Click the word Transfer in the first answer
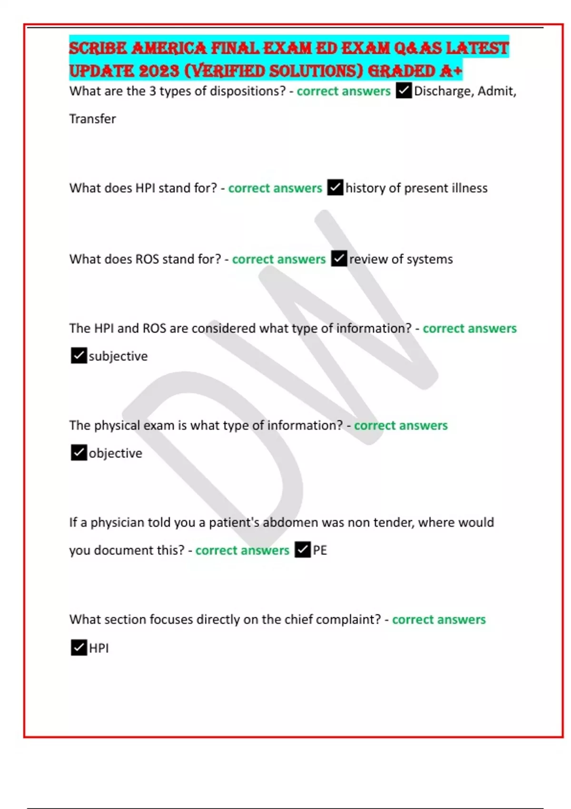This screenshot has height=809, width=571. point(92,119)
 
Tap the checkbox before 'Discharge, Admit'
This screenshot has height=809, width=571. point(404,90)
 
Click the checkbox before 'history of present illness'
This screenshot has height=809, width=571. point(335,187)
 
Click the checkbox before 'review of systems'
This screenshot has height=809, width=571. point(339,259)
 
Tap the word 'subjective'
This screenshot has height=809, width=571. point(118,356)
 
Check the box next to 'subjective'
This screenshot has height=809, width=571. point(79,355)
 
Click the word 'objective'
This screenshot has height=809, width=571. point(116,454)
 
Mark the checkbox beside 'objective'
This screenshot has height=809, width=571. point(79,453)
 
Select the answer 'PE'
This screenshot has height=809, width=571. point(320,551)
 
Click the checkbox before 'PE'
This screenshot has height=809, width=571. point(303,550)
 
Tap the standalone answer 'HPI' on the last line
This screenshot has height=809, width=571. point(99,648)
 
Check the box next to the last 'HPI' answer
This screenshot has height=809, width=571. point(79,648)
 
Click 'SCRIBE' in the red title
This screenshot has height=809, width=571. point(98,49)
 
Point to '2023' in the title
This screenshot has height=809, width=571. point(159,71)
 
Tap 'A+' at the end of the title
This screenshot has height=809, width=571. point(451,71)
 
